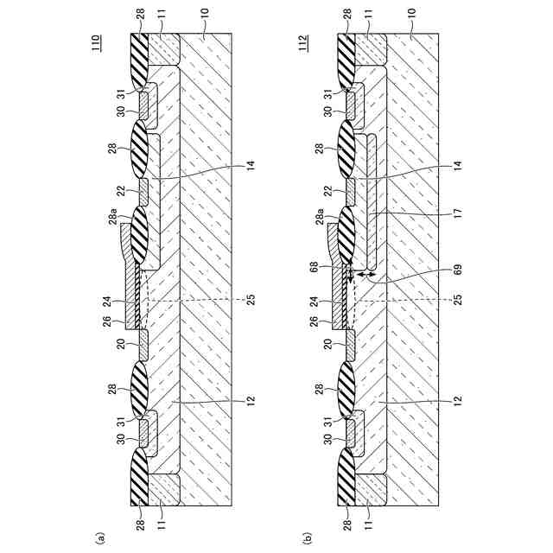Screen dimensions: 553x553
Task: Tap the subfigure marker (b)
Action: [308, 537]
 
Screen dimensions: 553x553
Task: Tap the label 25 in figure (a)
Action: [249, 300]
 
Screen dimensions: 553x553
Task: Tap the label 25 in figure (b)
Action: [456, 300]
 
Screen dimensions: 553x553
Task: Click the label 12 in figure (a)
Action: [249, 401]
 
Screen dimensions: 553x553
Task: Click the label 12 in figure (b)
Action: [456, 401]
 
